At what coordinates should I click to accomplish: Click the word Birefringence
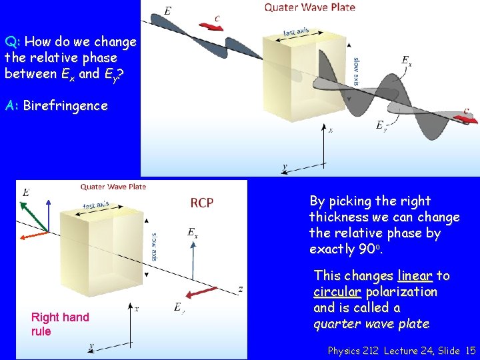point(65,106)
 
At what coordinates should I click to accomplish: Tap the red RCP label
point(202,203)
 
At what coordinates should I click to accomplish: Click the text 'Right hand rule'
point(59,324)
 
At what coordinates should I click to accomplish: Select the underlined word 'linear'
point(415,276)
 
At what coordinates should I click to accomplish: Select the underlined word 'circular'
point(337,292)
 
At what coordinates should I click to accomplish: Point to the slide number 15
point(471,350)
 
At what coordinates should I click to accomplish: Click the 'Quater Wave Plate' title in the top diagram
point(309,7)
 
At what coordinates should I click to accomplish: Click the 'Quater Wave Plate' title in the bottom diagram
point(113,187)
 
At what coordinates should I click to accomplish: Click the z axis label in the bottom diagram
point(240,289)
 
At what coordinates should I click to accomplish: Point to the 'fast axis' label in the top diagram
point(296,31)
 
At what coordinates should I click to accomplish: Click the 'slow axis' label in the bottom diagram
point(154,245)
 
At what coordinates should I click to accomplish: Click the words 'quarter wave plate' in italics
point(371,324)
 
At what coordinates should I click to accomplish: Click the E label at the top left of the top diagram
point(167,10)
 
